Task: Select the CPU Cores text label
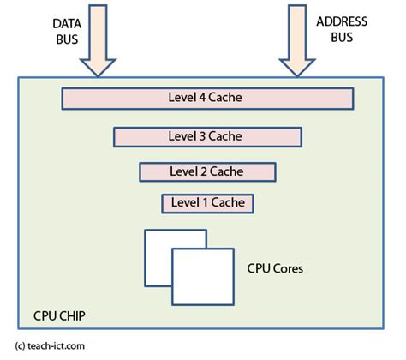[274, 267]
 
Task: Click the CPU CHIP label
[59, 316]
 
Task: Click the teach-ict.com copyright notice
[50, 346]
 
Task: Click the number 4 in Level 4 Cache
[203, 98]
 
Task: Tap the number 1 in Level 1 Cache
[202, 203]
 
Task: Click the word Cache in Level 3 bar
[224, 135]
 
